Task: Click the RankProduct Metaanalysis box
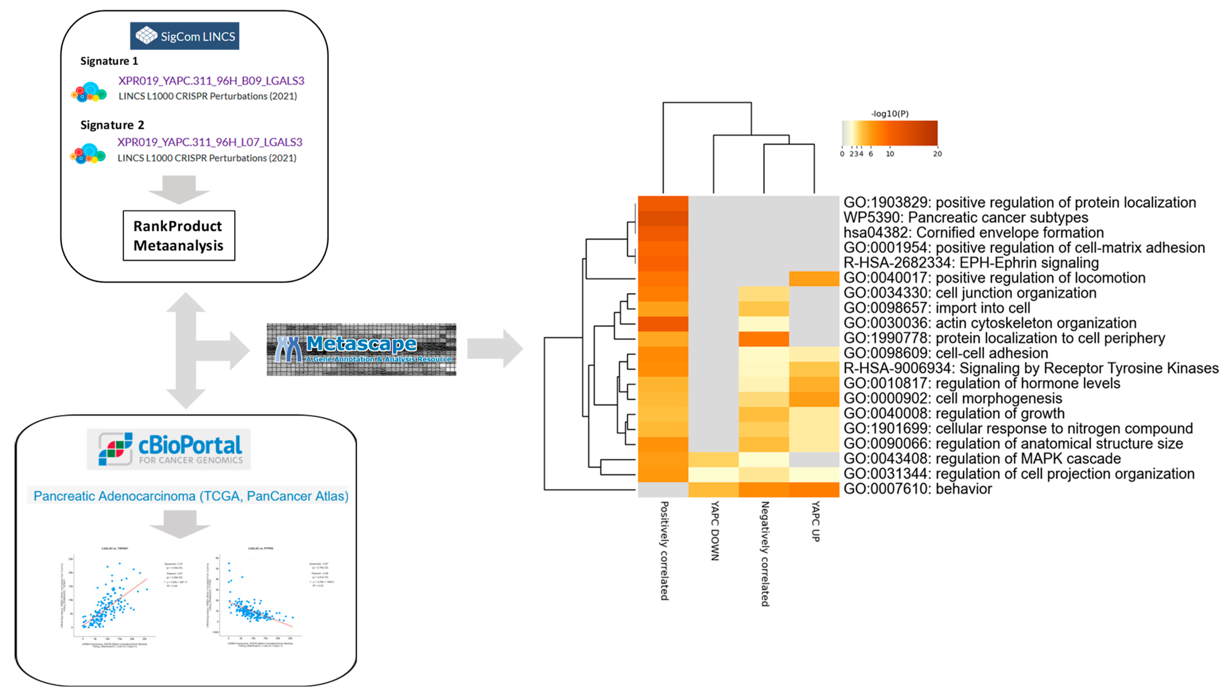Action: click(x=179, y=235)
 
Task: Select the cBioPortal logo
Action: click(x=169, y=449)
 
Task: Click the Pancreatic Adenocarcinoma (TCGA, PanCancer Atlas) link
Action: click(x=191, y=496)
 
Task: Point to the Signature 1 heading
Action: click(x=109, y=61)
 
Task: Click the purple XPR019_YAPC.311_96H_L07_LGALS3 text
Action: click(x=210, y=142)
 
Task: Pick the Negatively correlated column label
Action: click(x=765, y=553)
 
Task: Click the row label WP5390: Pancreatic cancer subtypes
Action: click(x=965, y=218)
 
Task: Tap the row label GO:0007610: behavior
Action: click(x=917, y=489)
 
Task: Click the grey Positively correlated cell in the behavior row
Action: click(x=663, y=489)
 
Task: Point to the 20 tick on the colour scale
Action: click(x=937, y=154)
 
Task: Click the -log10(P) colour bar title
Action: click(x=890, y=114)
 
